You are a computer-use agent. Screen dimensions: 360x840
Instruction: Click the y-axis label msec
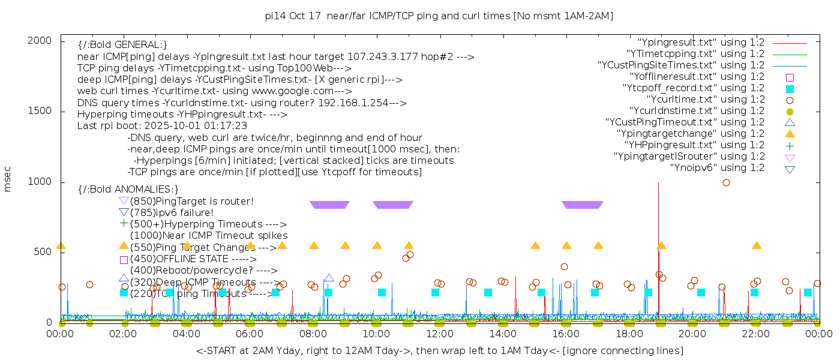(x=8, y=180)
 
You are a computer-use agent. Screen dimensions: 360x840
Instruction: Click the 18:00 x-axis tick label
(x=629, y=334)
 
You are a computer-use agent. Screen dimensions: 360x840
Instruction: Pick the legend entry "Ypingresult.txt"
(x=700, y=42)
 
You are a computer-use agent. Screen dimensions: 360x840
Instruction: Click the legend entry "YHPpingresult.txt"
(x=694, y=145)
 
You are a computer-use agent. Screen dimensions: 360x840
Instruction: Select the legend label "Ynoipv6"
(x=717, y=167)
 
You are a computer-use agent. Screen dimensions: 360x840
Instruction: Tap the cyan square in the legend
(x=790, y=88)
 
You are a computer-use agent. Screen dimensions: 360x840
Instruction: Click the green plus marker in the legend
(x=790, y=145)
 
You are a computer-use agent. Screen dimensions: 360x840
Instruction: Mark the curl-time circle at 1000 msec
(x=726, y=182)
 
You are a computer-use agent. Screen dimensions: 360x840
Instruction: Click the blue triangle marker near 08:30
(x=329, y=278)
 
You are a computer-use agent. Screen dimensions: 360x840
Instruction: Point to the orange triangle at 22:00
(x=757, y=246)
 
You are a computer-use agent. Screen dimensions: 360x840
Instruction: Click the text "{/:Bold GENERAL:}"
(x=122, y=45)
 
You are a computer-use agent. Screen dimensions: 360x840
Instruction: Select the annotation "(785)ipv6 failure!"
(x=172, y=212)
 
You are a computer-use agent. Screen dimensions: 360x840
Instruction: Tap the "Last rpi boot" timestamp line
(x=162, y=126)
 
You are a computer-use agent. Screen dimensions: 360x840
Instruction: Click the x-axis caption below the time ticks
(x=439, y=350)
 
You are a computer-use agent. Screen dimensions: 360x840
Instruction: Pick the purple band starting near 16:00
(x=582, y=205)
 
